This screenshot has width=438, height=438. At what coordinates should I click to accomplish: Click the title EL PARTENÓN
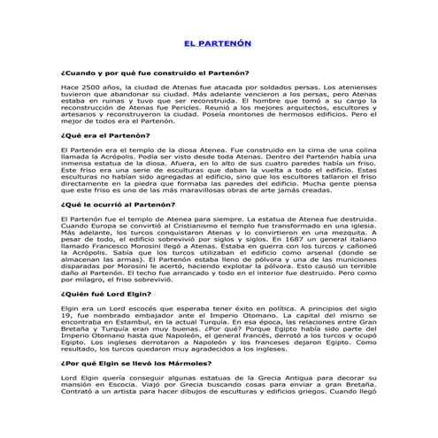coord(218,42)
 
